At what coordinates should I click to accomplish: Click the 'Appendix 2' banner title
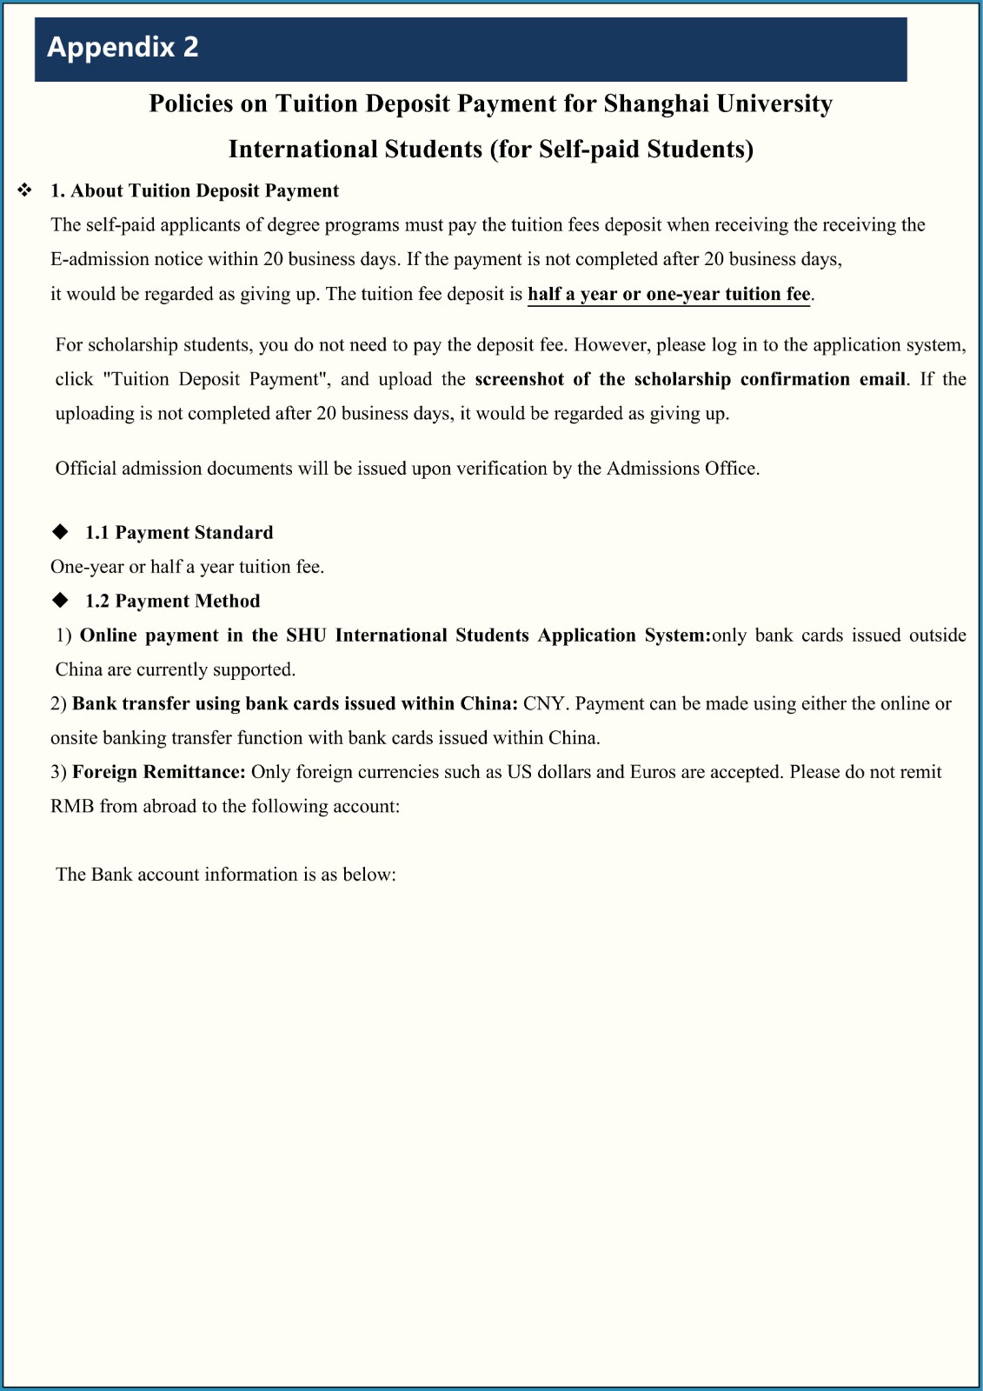(x=123, y=47)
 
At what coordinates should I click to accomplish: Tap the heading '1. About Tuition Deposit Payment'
(x=195, y=191)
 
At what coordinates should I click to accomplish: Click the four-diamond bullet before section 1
(x=25, y=190)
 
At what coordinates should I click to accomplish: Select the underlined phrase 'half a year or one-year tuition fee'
(x=668, y=294)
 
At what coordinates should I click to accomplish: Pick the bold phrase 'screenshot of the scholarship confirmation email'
(x=690, y=379)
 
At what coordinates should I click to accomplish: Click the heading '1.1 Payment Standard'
(x=179, y=533)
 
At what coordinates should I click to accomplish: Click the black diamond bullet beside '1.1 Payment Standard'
(x=60, y=531)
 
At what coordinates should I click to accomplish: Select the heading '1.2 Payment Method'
(x=172, y=602)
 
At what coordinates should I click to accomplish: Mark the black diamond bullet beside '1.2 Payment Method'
(x=60, y=600)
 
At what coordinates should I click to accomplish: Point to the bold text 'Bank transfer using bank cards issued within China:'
(x=296, y=704)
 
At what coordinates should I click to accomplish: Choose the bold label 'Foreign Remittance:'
(x=159, y=772)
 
